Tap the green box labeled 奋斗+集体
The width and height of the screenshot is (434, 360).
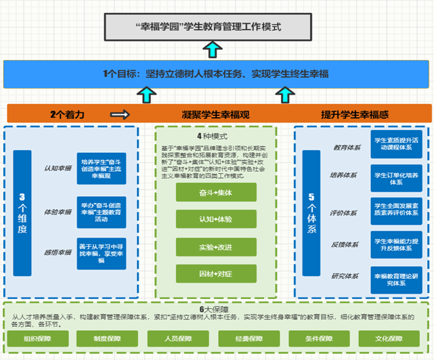216,192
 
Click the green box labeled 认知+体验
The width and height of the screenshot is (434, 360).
216,219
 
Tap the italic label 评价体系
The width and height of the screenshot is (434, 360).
345,212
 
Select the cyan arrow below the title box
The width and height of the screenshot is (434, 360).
214,50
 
